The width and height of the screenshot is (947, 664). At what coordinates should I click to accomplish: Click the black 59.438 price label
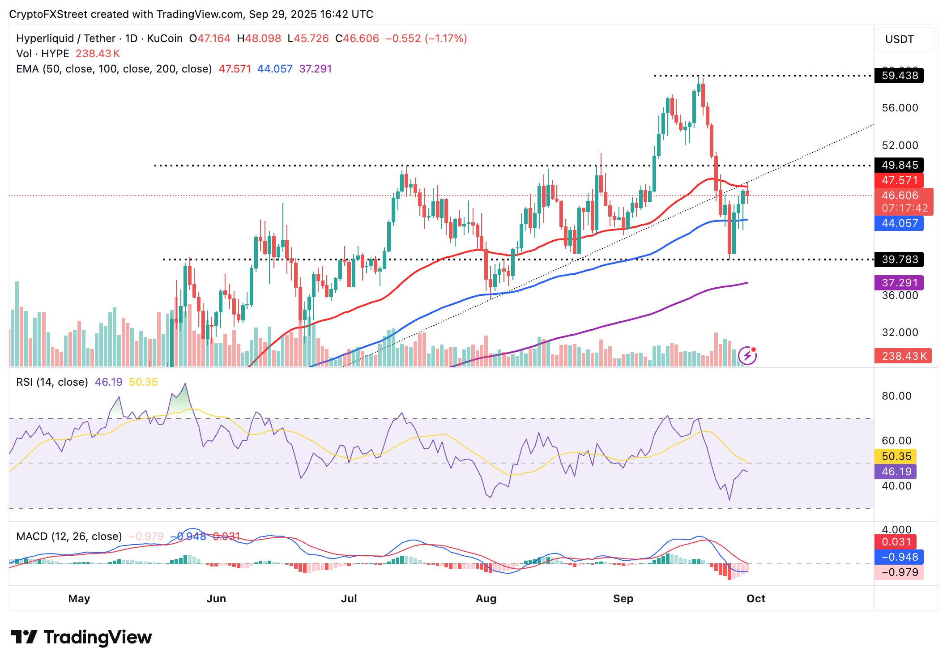coord(899,76)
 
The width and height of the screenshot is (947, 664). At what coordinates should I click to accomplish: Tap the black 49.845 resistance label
coord(899,165)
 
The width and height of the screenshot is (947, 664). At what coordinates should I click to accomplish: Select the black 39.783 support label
coord(899,260)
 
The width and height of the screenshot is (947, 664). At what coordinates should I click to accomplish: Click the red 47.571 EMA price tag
coord(899,180)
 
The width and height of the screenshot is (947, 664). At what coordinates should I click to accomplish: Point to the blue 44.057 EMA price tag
coord(899,223)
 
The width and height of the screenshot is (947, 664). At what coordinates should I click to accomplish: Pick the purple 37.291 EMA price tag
coord(899,283)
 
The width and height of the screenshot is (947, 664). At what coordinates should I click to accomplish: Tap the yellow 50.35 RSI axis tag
coord(896,456)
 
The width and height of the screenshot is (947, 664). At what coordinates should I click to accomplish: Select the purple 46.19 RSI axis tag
coord(896,472)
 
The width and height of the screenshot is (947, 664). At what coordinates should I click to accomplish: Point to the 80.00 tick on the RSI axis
coord(896,396)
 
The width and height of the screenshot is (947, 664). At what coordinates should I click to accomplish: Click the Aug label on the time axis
coord(486,599)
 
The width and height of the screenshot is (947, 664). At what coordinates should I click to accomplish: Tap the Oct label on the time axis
coord(756,599)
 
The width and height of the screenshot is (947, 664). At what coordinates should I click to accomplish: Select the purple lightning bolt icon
coord(747,356)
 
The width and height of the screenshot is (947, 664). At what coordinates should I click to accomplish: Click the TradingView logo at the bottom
coord(81,637)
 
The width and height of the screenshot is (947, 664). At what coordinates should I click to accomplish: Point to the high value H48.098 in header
coord(259,38)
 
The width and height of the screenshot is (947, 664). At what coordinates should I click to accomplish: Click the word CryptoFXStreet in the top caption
coord(48,14)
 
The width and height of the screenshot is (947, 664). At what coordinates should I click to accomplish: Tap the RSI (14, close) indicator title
coord(52,382)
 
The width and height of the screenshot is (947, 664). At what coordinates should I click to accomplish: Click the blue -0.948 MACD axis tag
coord(899,557)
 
